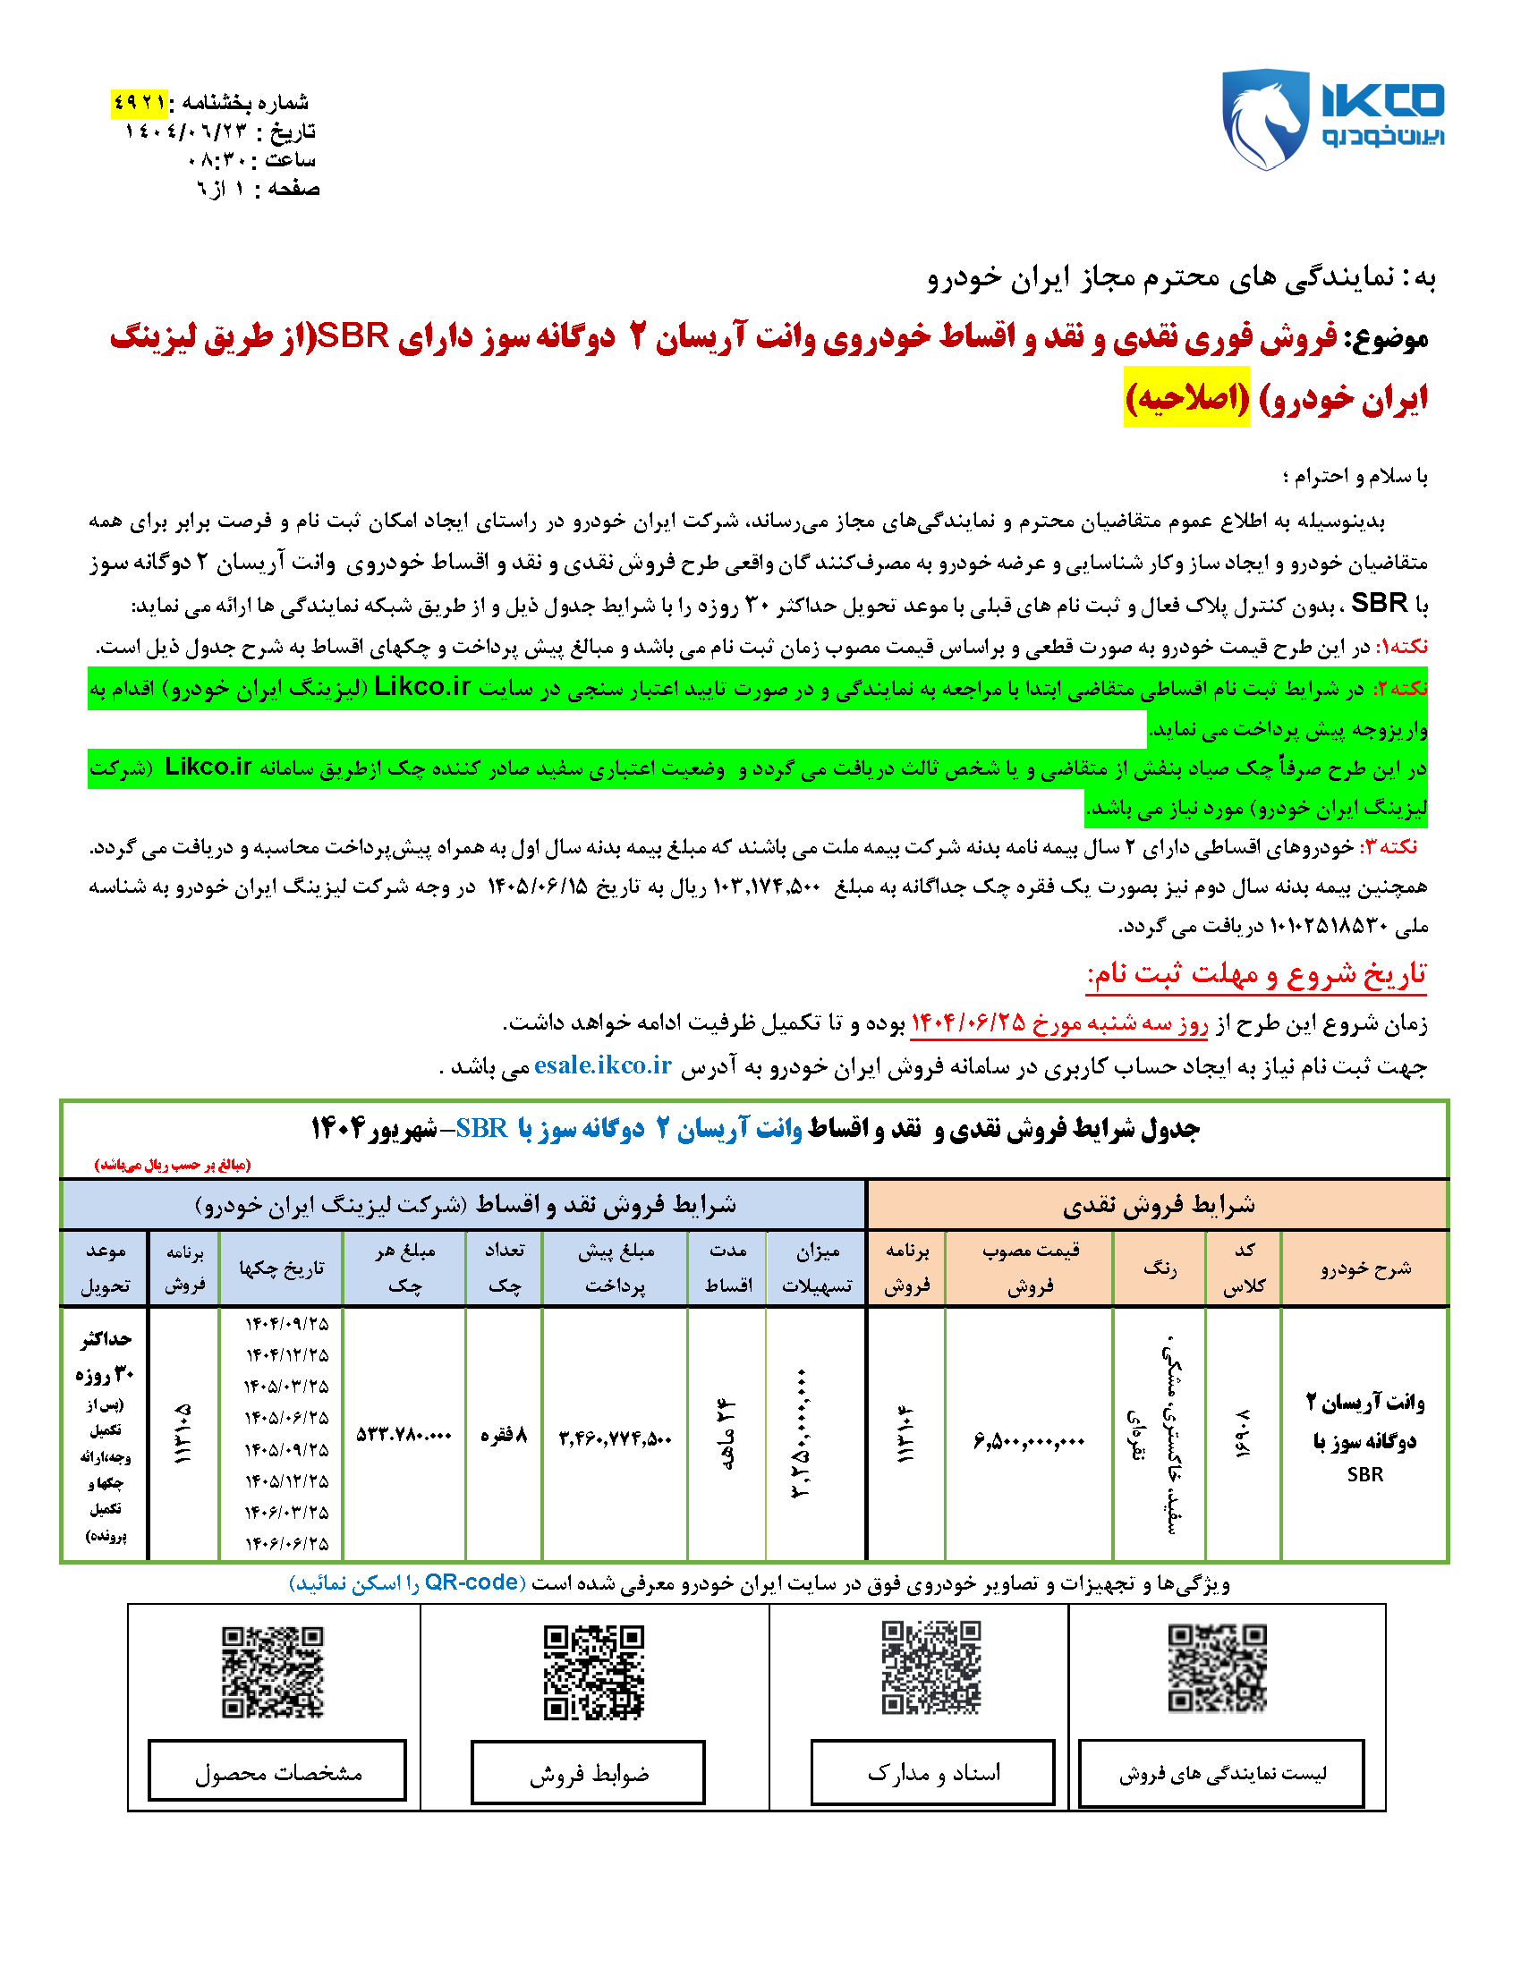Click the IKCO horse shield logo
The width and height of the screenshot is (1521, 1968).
click(1264, 119)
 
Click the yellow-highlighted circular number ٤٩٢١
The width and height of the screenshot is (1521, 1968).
click(140, 103)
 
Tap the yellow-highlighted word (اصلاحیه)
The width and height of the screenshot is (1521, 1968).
click(1185, 397)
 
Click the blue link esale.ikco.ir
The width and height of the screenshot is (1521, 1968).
click(602, 1065)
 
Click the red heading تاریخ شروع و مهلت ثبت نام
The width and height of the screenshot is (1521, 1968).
click(1256, 974)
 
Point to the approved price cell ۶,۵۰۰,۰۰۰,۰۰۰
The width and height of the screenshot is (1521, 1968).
click(1028, 1440)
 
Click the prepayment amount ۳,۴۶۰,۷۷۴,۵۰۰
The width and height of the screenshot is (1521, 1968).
click(615, 1438)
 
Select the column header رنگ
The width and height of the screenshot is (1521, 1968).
click(1159, 1268)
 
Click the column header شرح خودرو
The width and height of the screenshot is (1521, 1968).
click(1364, 1268)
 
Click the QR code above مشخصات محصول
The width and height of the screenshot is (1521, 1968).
click(272, 1672)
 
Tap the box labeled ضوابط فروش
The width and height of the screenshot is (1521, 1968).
click(588, 1773)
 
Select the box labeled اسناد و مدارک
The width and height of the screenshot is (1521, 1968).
click(932, 1772)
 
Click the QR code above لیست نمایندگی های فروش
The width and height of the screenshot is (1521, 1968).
click(1218, 1668)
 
